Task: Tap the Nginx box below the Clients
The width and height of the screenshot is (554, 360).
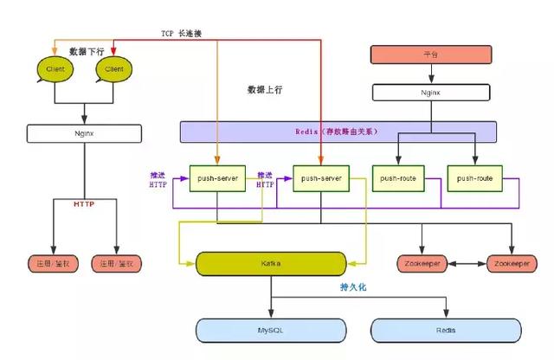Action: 84,134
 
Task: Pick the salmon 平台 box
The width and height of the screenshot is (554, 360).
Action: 431,54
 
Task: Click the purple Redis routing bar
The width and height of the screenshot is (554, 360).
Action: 338,132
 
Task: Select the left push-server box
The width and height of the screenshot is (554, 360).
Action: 217,178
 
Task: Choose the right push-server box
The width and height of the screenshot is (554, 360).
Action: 321,178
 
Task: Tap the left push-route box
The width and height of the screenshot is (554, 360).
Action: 398,178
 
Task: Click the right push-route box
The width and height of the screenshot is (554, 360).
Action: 474,178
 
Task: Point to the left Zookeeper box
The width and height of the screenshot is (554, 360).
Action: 423,262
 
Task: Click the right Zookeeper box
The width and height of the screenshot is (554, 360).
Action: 512,262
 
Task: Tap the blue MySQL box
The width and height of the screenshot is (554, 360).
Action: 270,330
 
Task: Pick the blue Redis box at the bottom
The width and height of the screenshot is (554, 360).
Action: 447,330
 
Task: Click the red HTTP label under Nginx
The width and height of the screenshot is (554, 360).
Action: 84,204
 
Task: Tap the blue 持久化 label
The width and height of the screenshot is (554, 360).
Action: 355,286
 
